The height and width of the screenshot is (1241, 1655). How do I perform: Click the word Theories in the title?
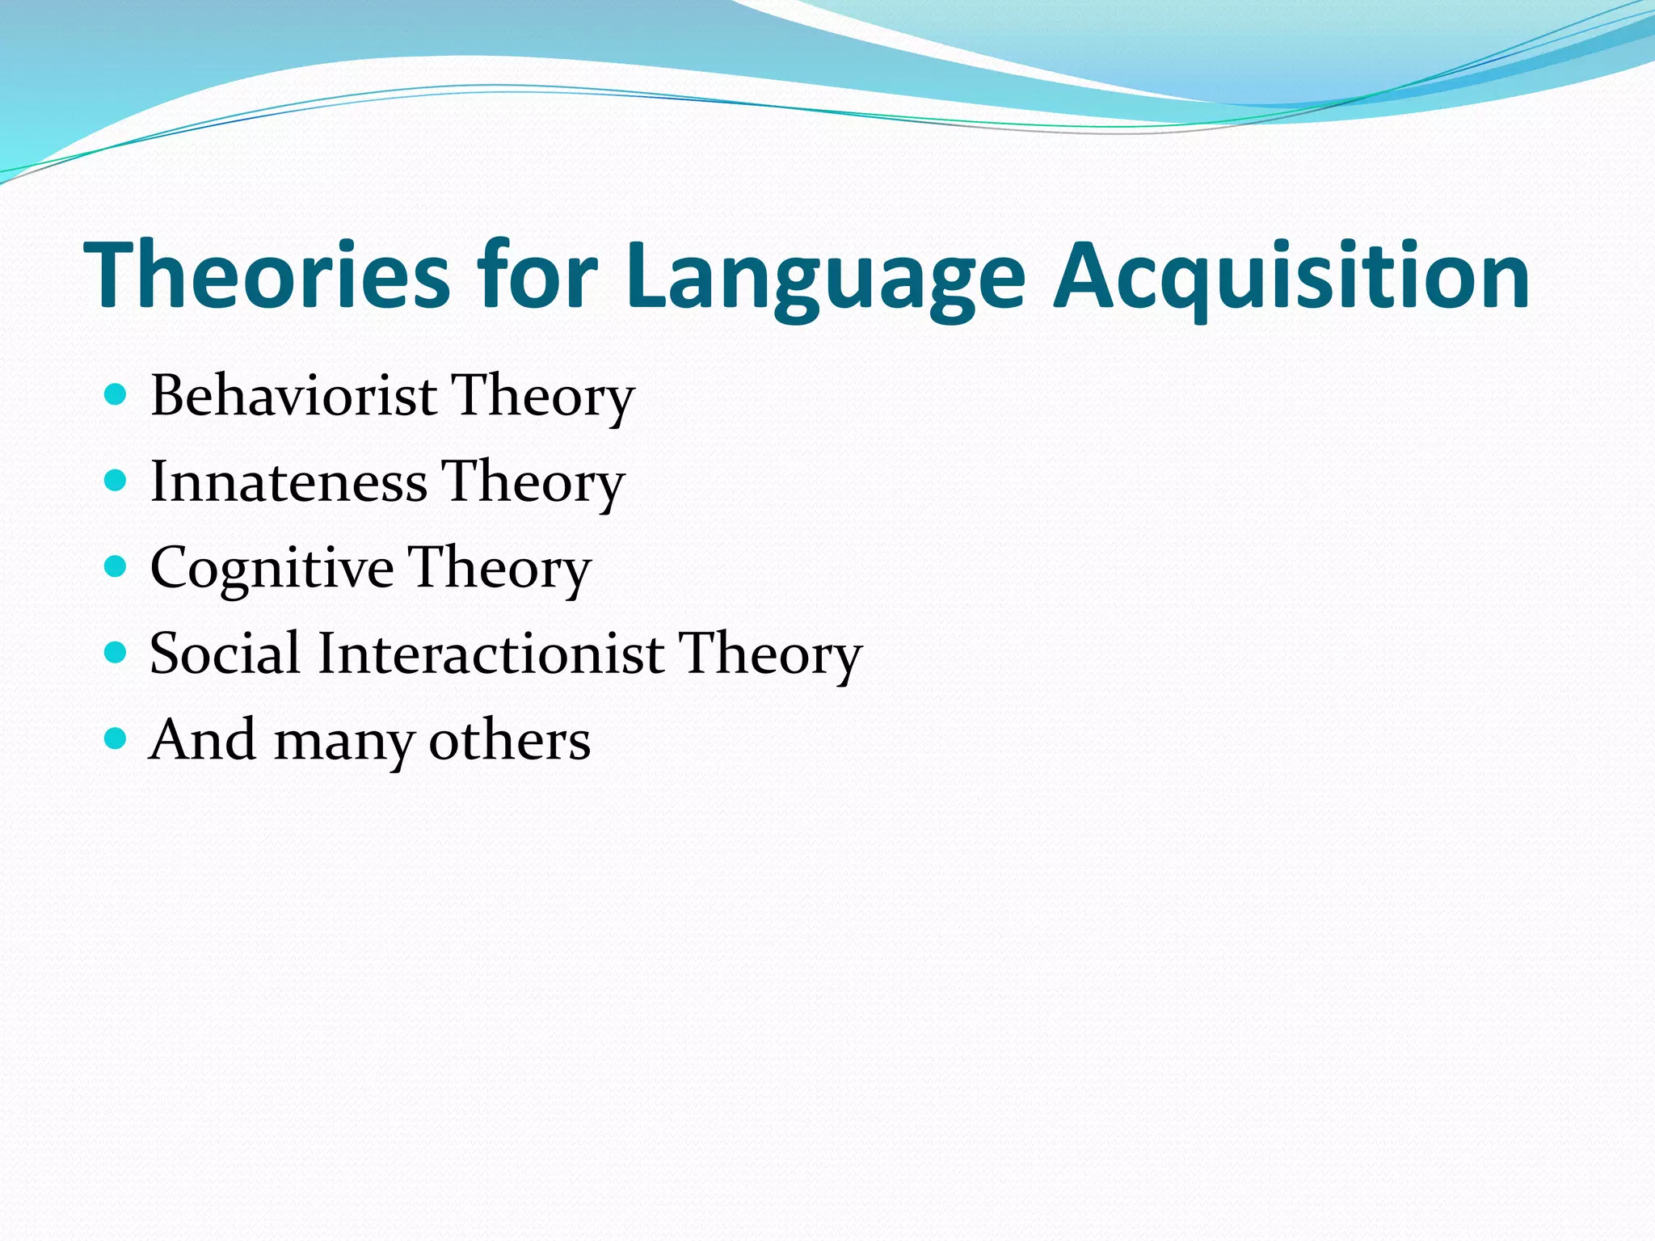[x=267, y=275]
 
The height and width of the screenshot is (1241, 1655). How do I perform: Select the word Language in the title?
[x=824, y=279]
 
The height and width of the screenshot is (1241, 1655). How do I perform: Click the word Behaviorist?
[x=294, y=396]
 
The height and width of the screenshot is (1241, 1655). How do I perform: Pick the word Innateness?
[x=288, y=482]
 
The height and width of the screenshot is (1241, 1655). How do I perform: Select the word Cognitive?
[x=272, y=567]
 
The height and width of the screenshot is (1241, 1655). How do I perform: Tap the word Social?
[x=225, y=653]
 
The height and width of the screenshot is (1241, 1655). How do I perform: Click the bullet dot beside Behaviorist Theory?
[x=116, y=395]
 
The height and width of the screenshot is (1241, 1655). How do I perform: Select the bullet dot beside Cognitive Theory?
[x=116, y=567]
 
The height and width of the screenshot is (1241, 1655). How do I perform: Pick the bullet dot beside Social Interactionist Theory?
[x=116, y=653]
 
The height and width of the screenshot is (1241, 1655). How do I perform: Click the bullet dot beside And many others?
[x=116, y=738]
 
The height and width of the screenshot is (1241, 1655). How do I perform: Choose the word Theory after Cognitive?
[x=500, y=569]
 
